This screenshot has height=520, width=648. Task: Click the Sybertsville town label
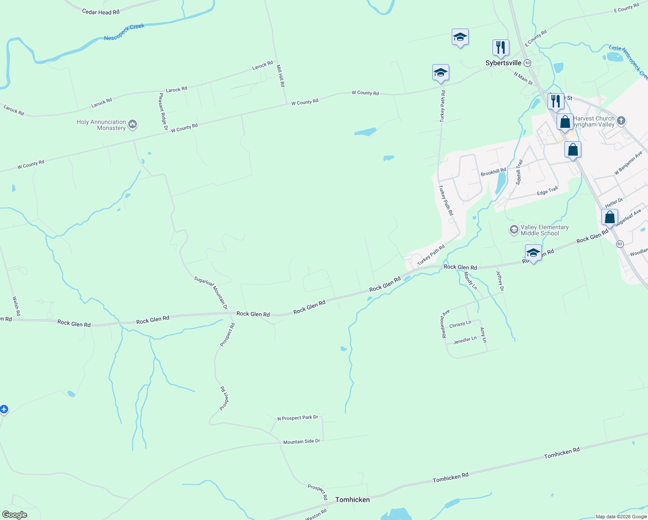pos(503,63)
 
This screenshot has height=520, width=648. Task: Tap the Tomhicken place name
pos(353,500)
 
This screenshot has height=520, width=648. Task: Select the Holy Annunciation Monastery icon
pos(133,125)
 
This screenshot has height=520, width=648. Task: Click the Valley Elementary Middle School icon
pos(514,230)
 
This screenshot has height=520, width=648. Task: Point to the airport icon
pos(4,409)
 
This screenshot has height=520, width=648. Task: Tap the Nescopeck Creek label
pos(124,32)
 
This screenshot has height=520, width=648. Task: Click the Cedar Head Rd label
pos(100,12)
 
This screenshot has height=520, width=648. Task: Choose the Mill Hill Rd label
pos(281,76)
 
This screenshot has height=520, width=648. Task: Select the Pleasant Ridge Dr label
pos(163,112)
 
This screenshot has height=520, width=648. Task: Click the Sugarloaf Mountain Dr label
pos(211,292)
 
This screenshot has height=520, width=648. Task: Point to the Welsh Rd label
pos(16,306)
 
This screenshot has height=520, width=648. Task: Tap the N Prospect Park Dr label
pos(298,418)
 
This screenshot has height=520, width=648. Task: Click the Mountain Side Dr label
pos(301,442)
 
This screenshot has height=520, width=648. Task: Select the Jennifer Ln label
pos(465,341)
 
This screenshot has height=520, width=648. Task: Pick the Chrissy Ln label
pos(460,324)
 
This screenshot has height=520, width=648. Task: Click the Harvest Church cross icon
pos(621,120)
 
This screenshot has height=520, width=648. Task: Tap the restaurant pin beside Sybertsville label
pos(501,48)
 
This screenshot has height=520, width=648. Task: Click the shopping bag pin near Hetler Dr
pos(609,217)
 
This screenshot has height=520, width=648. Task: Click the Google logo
pos(15,514)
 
